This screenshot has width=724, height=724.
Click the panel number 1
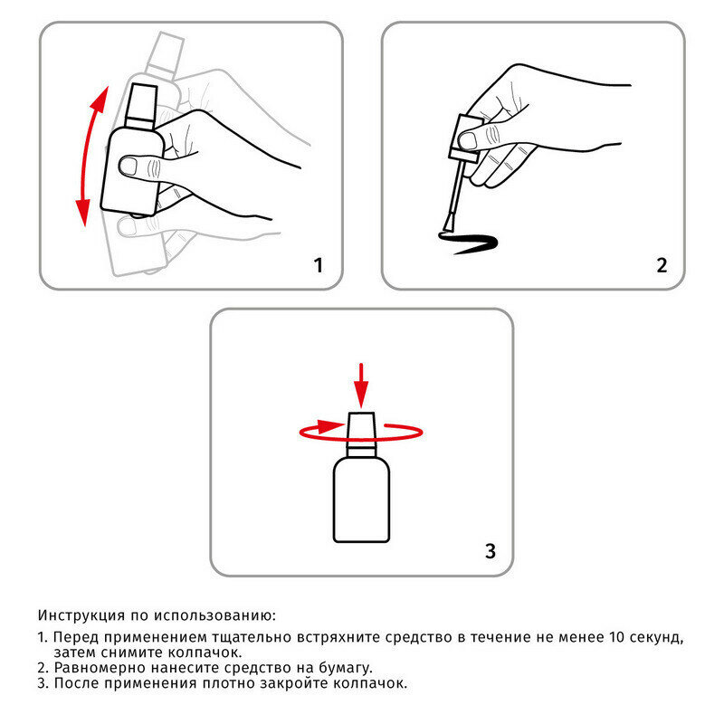[x=319, y=265]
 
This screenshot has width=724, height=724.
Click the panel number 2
[x=662, y=265]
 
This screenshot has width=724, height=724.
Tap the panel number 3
[x=491, y=551]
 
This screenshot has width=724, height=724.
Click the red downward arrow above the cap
[x=361, y=386]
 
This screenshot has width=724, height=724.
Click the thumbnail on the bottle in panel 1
[x=128, y=166]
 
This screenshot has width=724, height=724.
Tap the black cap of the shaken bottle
[x=141, y=107]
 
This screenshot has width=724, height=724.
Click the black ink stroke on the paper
[x=467, y=243]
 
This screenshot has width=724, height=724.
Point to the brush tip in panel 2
[x=448, y=225]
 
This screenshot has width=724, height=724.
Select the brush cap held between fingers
[x=465, y=138]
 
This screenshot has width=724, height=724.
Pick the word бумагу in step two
[x=346, y=668]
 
